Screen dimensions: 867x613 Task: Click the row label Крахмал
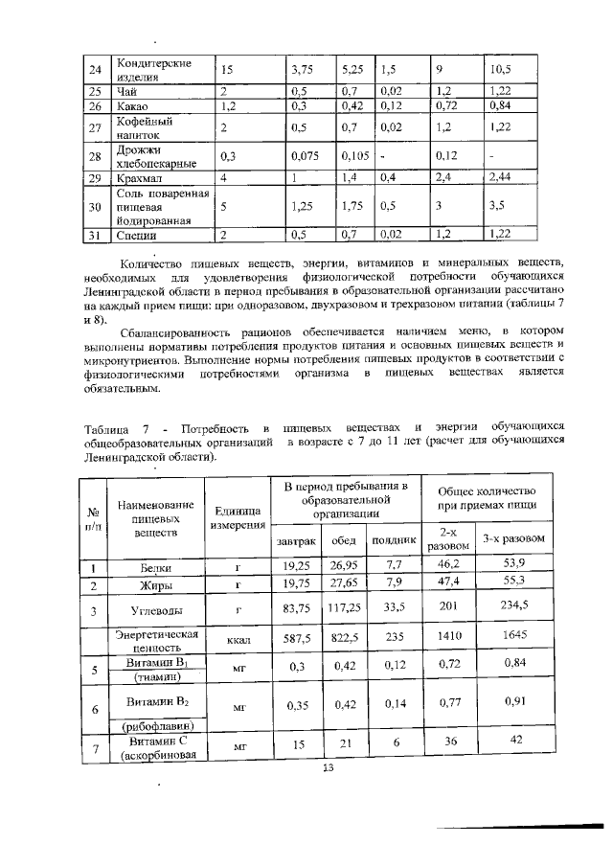click(138, 178)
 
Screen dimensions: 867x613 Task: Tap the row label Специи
click(136, 233)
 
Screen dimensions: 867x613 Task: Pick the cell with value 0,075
click(306, 156)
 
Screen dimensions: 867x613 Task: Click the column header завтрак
click(295, 541)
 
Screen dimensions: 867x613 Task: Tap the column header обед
click(344, 541)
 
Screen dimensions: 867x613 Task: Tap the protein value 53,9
click(516, 566)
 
